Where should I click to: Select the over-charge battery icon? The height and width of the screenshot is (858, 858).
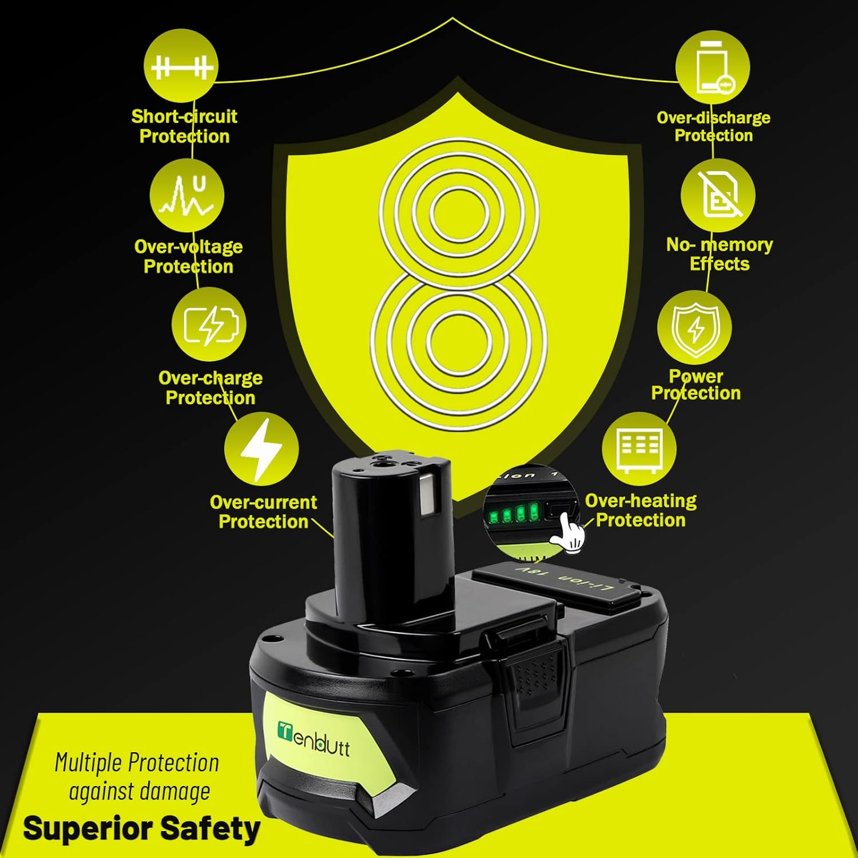pyautogui.click(x=209, y=324)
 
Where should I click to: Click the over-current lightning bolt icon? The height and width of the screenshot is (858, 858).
pyautogui.click(x=261, y=448)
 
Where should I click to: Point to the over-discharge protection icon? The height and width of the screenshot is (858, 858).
pyautogui.click(x=712, y=67)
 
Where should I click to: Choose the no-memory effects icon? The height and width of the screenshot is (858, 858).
pyautogui.click(x=718, y=195)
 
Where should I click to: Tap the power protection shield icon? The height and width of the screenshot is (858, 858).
pyautogui.click(x=694, y=328)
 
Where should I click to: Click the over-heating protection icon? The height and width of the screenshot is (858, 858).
pyautogui.click(x=639, y=449)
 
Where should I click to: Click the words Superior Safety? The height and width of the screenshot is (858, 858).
pyautogui.click(x=141, y=829)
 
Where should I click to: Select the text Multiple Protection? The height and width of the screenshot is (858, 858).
pyautogui.click(x=137, y=763)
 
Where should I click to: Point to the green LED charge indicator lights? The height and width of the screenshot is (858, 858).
pyautogui.click(x=513, y=513)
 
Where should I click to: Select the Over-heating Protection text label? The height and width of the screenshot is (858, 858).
pyautogui.click(x=641, y=510)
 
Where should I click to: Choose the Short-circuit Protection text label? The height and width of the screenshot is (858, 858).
pyautogui.click(x=184, y=126)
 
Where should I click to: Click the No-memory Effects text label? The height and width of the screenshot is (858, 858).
pyautogui.click(x=720, y=254)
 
